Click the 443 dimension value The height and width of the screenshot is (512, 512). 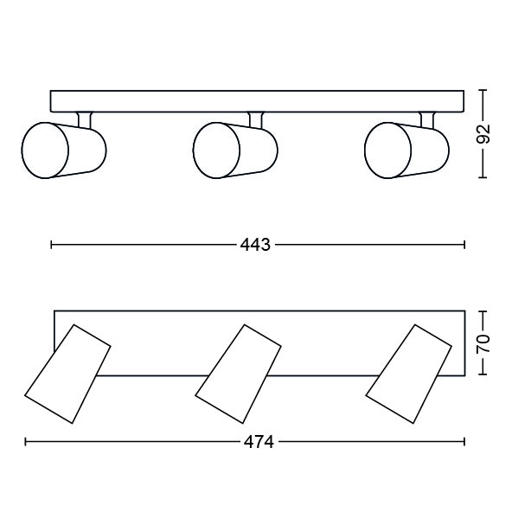(255, 245)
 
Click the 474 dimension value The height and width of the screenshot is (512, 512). (259, 442)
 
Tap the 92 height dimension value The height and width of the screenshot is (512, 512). (483, 134)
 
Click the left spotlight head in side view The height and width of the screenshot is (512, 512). (64, 150)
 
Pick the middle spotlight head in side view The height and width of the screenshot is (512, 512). (235, 150)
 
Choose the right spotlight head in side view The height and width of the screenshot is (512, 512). (406, 150)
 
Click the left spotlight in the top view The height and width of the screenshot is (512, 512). (67, 374)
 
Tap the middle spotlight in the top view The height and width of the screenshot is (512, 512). (238, 374)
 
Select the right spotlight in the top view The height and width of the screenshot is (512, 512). (409, 374)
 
